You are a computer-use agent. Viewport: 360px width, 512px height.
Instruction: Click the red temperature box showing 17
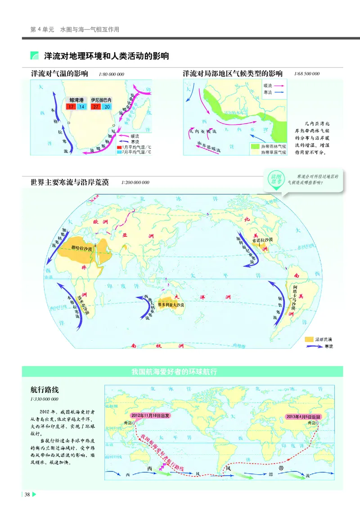click(x=71, y=107)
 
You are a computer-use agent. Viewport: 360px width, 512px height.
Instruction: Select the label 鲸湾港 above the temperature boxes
click(x=76, y=100)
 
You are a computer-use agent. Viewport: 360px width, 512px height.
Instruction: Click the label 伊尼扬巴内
click(x=101, y=100)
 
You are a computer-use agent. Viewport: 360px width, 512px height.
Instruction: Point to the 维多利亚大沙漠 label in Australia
click(x=171, y=305)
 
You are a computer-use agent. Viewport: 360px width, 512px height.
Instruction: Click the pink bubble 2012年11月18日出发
click(x=151, y=415)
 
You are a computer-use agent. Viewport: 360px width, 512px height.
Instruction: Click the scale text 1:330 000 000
click(x=45, y=399)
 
